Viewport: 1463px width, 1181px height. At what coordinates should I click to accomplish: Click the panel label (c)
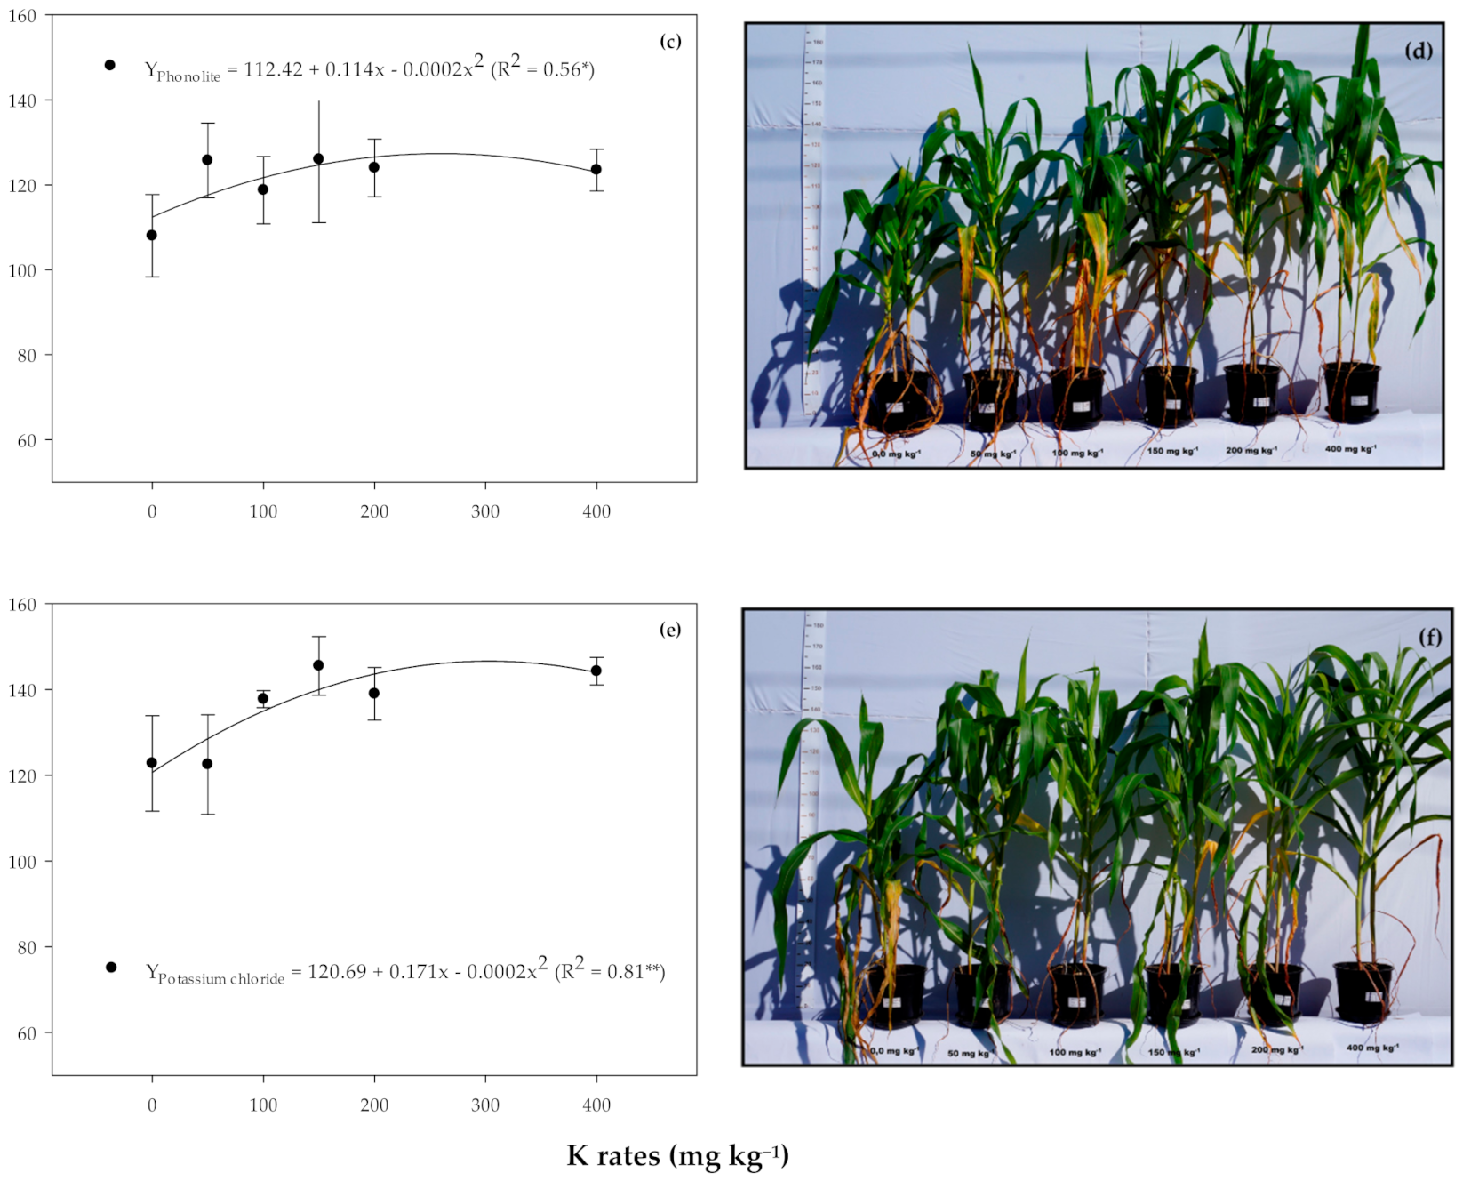coord(670,42)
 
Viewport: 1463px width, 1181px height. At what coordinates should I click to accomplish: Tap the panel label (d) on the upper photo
coord(1419,51)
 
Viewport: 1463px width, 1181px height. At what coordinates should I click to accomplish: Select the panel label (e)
coord(670,630)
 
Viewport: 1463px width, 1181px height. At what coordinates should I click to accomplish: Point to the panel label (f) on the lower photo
coord(1429,637)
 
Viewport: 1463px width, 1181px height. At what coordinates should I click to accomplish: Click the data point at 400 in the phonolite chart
coord(596,169)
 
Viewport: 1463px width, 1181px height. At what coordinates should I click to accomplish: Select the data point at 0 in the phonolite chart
coord(152,235)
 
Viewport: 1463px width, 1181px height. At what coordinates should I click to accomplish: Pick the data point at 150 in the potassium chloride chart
coord(318,665)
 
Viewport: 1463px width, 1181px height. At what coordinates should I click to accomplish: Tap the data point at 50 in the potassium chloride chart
coord(207,764)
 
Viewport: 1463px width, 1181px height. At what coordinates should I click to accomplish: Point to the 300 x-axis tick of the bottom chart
coord(485,1105)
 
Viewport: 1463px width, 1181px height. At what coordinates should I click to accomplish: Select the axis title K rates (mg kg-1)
coord(677,1155)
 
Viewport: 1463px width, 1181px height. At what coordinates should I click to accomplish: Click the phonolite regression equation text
coord(369,68)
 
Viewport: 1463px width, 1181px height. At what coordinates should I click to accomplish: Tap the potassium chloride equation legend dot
coord(111,968)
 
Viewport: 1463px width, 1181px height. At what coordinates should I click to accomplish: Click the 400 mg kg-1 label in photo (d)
coord(1350,449)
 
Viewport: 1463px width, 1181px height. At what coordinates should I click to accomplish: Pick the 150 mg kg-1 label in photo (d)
coord(1172,451)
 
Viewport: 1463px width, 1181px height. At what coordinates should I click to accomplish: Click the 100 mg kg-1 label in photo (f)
coord(1075,1052)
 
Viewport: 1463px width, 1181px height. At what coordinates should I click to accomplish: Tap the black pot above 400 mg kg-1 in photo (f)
coord(1363,992)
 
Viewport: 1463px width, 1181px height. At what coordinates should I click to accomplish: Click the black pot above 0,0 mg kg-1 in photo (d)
coord(896,400)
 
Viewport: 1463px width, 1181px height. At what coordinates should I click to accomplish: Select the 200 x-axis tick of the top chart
coord(374,511)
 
